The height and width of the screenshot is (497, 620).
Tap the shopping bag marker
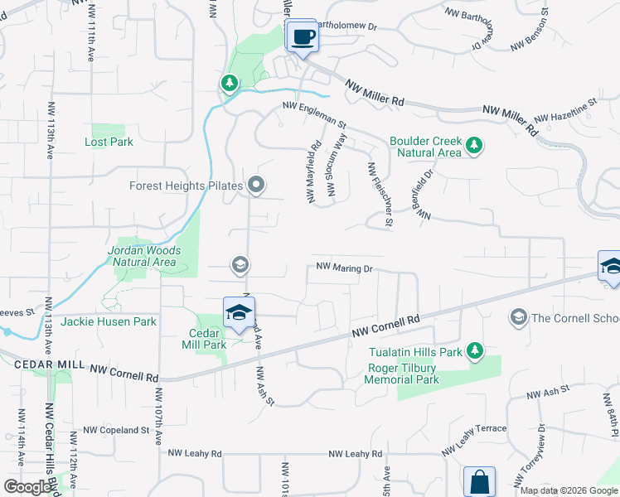point(479,481)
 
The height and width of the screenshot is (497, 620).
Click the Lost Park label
point(109,142)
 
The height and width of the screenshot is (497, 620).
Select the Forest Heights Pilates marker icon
point(257,186)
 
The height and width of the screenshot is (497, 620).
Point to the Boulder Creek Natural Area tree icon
point(473,147)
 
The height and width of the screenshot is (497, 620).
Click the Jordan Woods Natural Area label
point(142,256)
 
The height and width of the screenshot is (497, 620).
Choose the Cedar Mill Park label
point(204,339)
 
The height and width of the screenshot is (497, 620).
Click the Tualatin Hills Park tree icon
point(475,350)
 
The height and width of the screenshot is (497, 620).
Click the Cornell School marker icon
point(519,317)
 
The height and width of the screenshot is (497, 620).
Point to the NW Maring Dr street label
point(345,268)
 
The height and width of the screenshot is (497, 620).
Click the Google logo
point(28,486)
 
